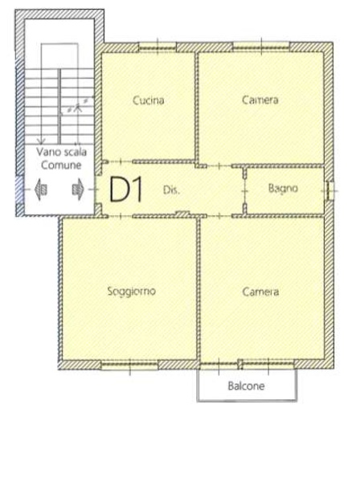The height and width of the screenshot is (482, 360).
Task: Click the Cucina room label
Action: pos(148,101)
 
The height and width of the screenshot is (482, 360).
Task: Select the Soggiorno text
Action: pos(130,291)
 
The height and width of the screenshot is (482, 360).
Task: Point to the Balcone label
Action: pos(247,386)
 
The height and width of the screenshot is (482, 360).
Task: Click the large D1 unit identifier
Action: pos(126,190)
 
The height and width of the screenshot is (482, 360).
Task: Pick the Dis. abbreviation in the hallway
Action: pos(170,191)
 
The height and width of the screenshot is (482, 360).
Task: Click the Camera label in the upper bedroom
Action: pos(260,101)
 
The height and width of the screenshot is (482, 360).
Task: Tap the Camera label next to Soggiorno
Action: pos(260,291)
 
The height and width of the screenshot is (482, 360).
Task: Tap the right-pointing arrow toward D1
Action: pos(78,190)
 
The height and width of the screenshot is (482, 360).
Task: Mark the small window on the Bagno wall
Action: pos(329,190)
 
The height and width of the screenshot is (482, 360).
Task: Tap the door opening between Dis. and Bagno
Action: pos(245,191)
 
